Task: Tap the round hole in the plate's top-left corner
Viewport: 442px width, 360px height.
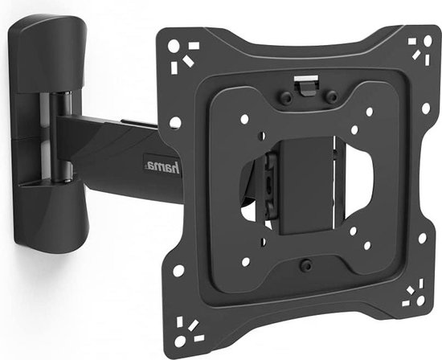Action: click(174, 46)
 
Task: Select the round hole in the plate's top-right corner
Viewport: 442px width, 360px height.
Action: click(428, 41)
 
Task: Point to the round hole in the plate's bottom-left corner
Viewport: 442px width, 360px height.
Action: click(180, 341)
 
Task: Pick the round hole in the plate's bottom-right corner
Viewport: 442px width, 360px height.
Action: click(420, 301)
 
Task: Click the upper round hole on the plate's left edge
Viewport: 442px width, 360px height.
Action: click(175, 123)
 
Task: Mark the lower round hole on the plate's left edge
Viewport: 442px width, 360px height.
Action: click(178, 271)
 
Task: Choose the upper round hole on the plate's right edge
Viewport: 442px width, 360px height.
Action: click(426, 108)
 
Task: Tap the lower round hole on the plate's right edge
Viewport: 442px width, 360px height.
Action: click(422, 238)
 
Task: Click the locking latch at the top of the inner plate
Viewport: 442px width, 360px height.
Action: click(306, 85)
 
